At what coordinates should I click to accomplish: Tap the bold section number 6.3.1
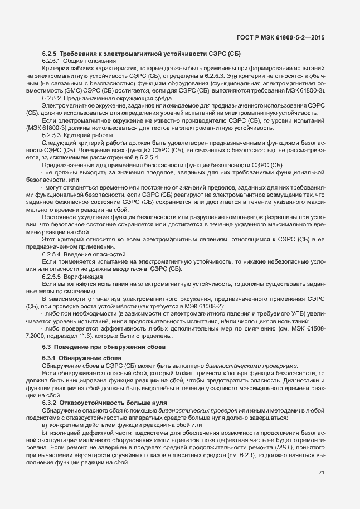click(50, 357)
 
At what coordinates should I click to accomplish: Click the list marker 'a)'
click(45, 425)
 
